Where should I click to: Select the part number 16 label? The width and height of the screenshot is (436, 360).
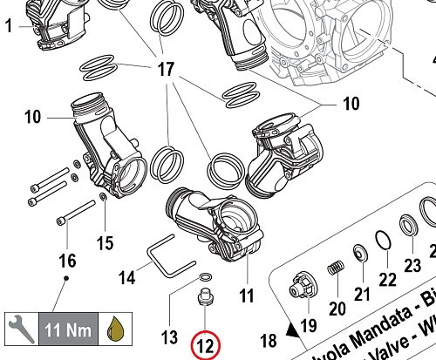pos(66,261)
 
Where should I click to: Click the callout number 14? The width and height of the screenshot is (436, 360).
pos(127,278)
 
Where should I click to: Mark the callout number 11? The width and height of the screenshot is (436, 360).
pos(247,294)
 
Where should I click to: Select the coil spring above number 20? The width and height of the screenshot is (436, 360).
pos(333,269)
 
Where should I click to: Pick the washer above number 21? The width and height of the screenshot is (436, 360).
pos(358,254)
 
